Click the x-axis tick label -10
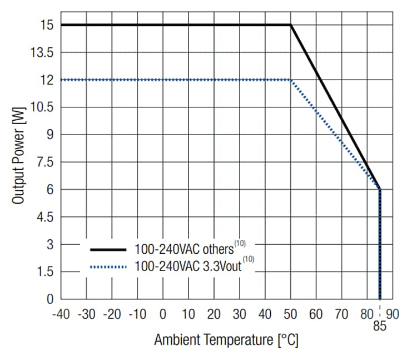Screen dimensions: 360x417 tap(137, 314)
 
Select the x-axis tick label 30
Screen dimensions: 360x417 tap(239, 314)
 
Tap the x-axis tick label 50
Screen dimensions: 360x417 tap(290, 314)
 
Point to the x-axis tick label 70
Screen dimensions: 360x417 tap(341, 314)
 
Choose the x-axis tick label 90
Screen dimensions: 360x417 tap(393, 314)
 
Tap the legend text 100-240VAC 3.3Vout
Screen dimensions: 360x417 tap(188, 267)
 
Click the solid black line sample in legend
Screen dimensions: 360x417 tap(108, 249)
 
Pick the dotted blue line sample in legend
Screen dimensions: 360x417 tap(108, 267)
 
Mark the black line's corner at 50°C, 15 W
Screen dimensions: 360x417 tap(290, 25)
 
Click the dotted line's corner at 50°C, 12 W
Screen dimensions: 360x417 tap(290, 80)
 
